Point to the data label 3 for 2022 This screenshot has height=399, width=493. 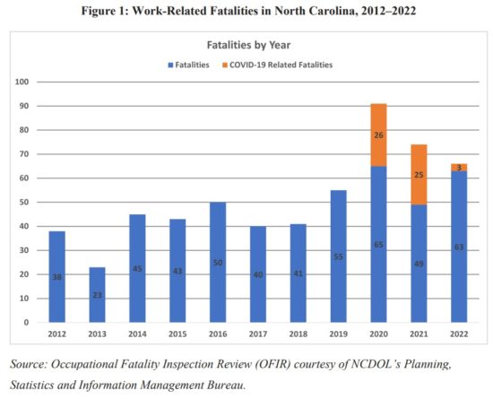[x=459, y=167]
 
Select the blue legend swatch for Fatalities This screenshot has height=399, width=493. [x=169, y=65]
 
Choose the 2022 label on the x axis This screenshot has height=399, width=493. [x=459, y=335]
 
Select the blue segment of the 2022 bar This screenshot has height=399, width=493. [x=459, y=247]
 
